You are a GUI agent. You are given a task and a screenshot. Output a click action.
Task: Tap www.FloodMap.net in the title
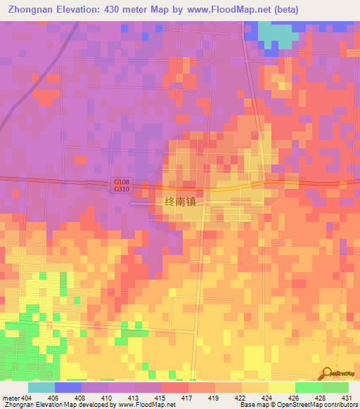pos(224,10)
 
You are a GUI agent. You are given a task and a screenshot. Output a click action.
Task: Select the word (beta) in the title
pos(281,10)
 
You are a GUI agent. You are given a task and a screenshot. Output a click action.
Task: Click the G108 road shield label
pos(122,183)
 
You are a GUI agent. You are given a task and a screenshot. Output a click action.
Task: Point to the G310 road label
pos(122,190)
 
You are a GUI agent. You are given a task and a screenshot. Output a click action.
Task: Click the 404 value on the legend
pos(27,397)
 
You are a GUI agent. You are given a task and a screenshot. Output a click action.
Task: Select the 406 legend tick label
pos(53,397)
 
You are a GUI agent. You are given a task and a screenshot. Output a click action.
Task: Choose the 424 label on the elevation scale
pos(268,397)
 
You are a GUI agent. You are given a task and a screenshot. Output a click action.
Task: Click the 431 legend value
pos(345,397)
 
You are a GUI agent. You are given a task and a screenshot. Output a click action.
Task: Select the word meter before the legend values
pos(11,397)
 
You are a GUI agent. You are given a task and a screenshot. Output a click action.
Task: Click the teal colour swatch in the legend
pos(41,387)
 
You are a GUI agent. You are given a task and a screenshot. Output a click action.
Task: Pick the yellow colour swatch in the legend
pos(281,387)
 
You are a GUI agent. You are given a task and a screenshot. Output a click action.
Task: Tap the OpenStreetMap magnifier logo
pos(326,373)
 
